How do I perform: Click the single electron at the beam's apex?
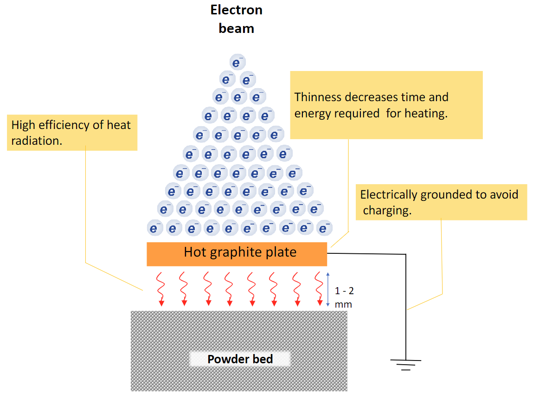tap(237, 62)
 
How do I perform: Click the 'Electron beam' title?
tap(237, 19)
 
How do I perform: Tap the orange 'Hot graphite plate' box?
tap(237, 254)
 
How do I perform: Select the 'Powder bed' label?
tap(240, 359)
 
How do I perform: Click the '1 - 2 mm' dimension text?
tap(344, 297)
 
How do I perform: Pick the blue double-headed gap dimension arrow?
tap(328, 289)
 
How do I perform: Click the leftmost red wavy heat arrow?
tap(161, 289)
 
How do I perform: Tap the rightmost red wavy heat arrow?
tap(319, 289)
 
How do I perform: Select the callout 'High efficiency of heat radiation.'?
tap(72, 133)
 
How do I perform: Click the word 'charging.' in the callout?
tap(387, 211)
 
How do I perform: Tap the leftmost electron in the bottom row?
tap(154, 228)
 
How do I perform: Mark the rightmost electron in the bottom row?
tap(324, 228)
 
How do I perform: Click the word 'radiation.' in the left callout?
tap(37, 141)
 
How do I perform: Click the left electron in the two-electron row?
tap(227, 79)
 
